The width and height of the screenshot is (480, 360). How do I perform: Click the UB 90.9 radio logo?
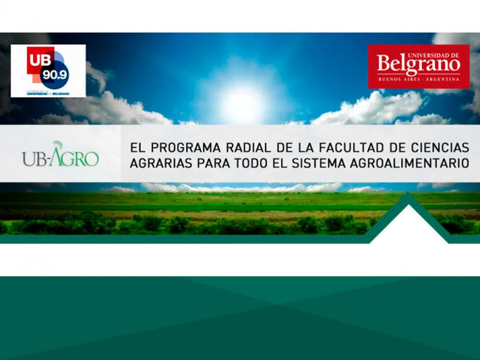click(x=48, y=71)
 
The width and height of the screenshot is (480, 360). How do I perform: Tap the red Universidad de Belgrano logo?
click(x=419, y=66)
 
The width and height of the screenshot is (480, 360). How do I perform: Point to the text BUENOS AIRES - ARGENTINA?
click(x=419, y=79)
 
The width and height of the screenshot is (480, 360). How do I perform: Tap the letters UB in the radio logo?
click(x=36, y=56)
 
